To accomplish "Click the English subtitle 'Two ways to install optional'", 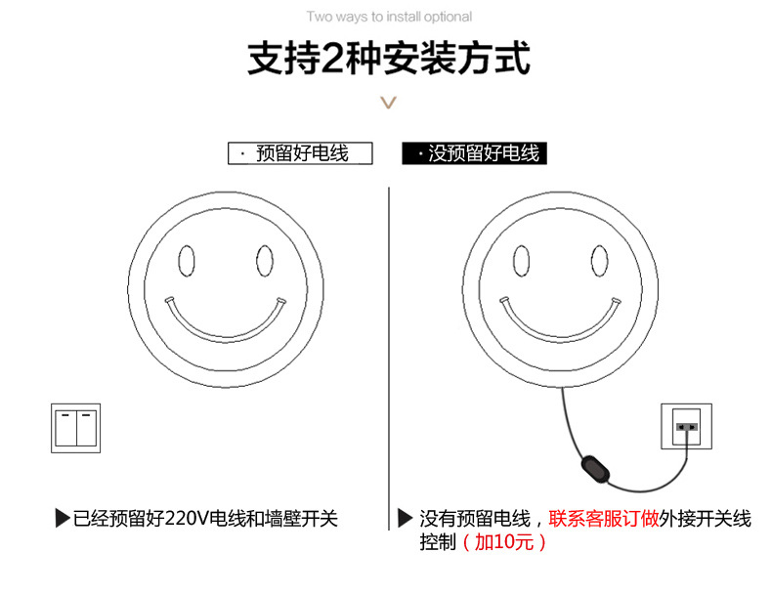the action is (389, 17).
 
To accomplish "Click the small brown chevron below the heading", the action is (388, 103).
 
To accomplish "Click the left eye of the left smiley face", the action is (186, 261).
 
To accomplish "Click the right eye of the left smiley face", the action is (264, 261).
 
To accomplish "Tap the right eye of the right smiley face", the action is (600, 261).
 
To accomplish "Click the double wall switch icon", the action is (76, 427).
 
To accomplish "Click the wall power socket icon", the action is (687, 426).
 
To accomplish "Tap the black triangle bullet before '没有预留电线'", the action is (406, 519).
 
